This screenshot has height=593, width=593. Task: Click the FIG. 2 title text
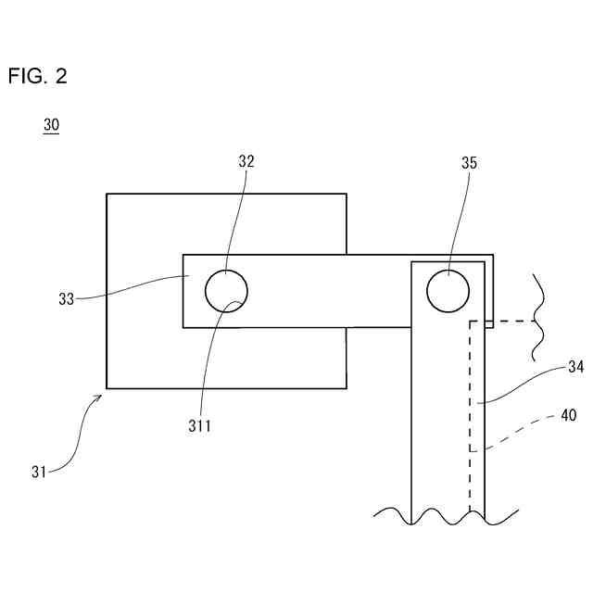click(x=37, y=76)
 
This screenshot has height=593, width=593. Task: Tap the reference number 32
click(x=246, y=161)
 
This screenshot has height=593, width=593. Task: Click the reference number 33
click(x=66, y=298)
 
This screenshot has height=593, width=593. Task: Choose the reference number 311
click(x=199, y=426)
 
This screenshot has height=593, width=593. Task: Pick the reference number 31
click(x=38, y=472)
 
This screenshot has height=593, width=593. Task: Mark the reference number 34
click(x=574, y=367)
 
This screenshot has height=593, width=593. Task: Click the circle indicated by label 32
click(x=226, y=291)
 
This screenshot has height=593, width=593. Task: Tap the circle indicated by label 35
click(x=448, y=291)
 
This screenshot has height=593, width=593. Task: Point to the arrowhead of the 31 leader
click(x=99, y=397)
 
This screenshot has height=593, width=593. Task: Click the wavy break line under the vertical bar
click(x=445, y=515)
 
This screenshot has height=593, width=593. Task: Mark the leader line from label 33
click(x=130, y=289)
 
